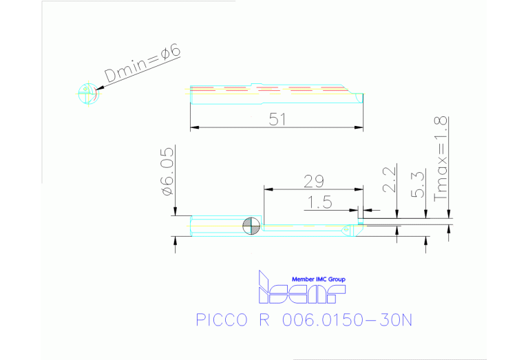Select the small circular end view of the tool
click(x=87, y=94)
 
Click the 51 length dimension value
click(x=277, y=119)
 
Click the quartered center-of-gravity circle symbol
click(x=251, y=226)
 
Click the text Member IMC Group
click(x=319, y=279)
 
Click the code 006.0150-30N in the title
click(x=347, y=321)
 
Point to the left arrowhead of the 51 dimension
click(x=193, y=127)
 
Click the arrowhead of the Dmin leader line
click(x=101, y=87)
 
